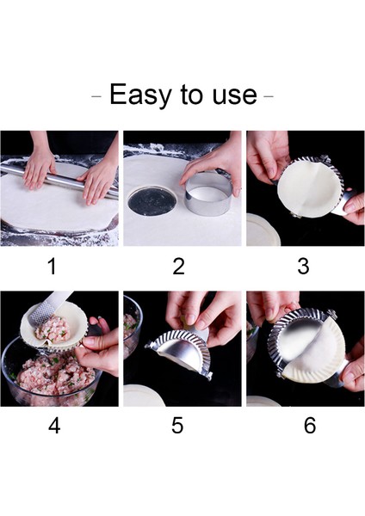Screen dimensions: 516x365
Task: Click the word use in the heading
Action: (x=232, y=95)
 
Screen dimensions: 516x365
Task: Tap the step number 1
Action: (x=52, y=267)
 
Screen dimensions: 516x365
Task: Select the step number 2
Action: (x=178, y=267)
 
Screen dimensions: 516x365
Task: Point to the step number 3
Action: (x=303, y=267)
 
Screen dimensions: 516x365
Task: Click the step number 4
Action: (x=54, y=425)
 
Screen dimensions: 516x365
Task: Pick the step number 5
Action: (x=177, y=425)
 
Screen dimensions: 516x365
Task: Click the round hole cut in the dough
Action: (x=152, y=202)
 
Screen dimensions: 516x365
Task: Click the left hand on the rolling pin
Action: (x=39, y=167)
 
